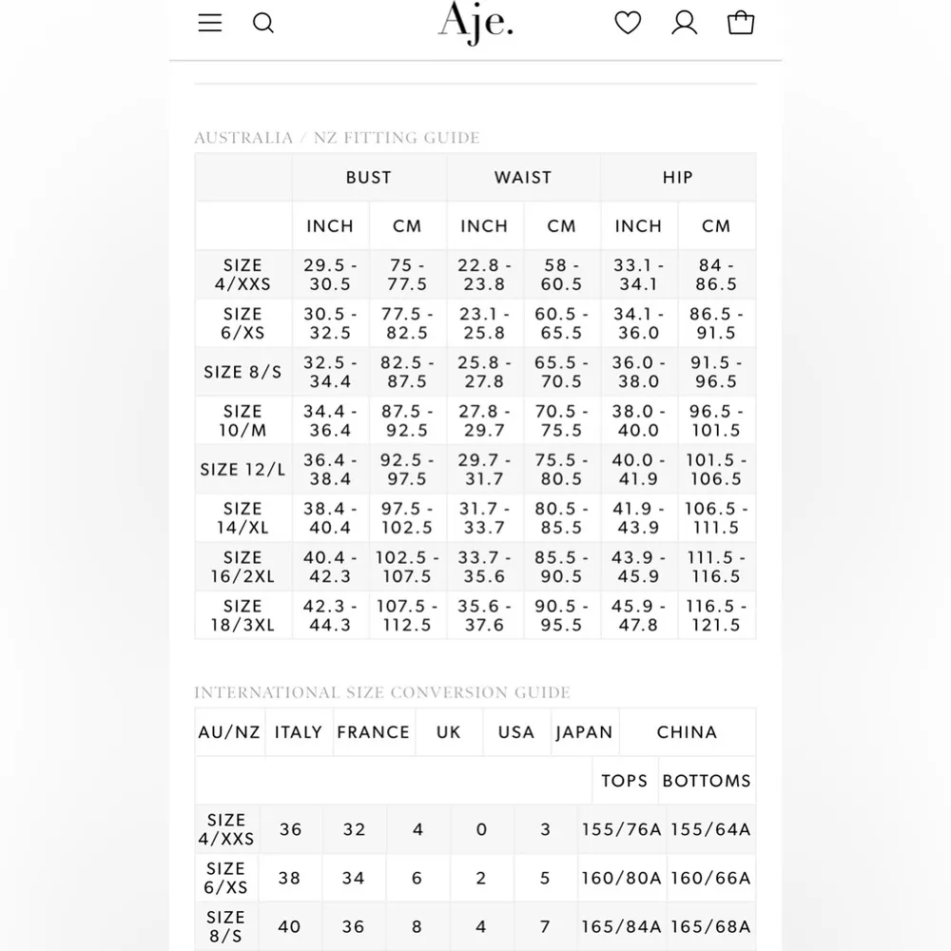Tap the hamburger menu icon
(210, 23)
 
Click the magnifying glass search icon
(263, 23)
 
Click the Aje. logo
(475, 23)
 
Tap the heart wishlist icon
(628, 23)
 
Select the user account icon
(685, 23)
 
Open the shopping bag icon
(741, 23)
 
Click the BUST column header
(369, 178)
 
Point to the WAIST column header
(523, 178)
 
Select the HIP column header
(677, 178)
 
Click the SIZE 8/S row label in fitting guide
(243, 372)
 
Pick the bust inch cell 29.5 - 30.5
(330, 275)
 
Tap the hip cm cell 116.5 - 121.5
(716, 615)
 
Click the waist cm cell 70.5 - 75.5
(561, 420)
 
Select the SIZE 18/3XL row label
(243, 615)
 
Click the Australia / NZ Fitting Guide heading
(337, 138)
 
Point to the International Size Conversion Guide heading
(382, 692)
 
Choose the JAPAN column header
(584, 732)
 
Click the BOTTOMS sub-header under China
(707, 781)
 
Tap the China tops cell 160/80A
(621, 878)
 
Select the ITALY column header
(299, 732)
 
